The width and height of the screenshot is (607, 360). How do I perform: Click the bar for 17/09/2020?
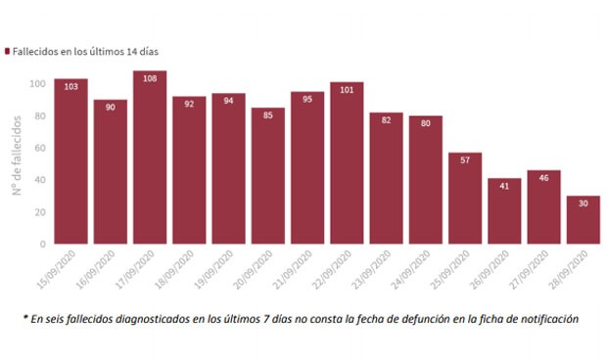click(150, 157)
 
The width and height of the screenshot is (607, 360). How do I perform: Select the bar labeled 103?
click(71, 161)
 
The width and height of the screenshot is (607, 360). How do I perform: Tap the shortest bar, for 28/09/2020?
click(583, 220)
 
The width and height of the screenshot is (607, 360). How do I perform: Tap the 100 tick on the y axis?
click(37, 84)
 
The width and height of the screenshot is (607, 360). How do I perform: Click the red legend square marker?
click(9, 50)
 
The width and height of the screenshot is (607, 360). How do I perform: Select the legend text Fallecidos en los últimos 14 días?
click(85, 50)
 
